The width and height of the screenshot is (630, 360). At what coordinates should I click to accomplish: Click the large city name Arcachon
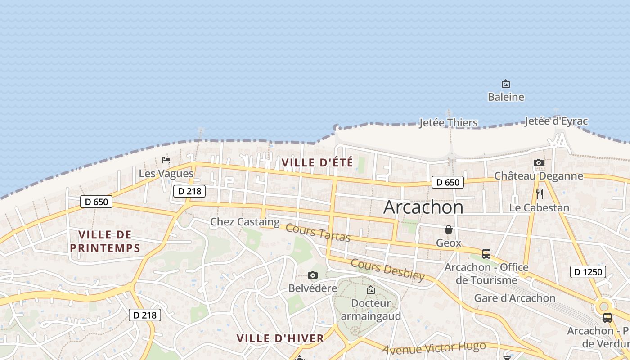pyautogui.click(x=423, y=207)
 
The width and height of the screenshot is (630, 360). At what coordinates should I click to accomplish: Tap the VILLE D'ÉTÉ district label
pyautogui.click(x=317, y=162)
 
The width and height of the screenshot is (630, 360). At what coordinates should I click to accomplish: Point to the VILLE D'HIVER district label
pyautogui.click(x=280, y=338)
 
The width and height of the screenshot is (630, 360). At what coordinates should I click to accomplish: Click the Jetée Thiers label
pyautogui.click(x=448, y=123)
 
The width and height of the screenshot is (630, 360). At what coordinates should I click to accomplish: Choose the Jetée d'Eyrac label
pyautogui.click(x=556, y=121)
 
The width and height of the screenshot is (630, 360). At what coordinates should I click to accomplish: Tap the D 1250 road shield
pyautogui.click(x=588, y=272)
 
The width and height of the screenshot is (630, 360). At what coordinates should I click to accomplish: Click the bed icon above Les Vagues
pyautogui.click(x=166, y=160)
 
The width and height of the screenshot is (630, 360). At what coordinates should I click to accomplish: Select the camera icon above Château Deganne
pyautogui.click(x=538, y=163)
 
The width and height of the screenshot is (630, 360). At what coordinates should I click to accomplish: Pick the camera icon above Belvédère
pyautogui.click(x=313, y=275)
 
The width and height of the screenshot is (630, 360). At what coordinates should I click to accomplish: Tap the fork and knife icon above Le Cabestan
pyautogui.click(x=540, y=194)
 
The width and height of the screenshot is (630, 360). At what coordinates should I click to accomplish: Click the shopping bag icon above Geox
pyautogui.click(x=449, y=230)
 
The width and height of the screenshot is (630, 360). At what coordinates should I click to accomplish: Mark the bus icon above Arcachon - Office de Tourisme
pyautogui.click(x=486, y=253)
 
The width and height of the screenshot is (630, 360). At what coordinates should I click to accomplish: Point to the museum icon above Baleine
pyautogui.click(x=506, y=84)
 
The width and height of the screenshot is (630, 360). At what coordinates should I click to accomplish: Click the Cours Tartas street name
pyautogui.click(x=318, y=232)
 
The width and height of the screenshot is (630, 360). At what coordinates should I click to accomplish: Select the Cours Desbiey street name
pyautogui.click(x=387, y=270)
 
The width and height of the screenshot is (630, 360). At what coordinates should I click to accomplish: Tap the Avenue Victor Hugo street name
pyautogui.click(x=434, y=347)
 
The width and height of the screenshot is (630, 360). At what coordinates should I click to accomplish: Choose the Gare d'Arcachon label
pyautogui.click(x=515, y=298)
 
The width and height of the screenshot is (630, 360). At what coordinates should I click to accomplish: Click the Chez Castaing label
pyautogui.click(x=245, y=222)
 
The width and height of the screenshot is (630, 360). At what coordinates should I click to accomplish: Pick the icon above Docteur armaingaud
pyautogui.click(x=371, y=290)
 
